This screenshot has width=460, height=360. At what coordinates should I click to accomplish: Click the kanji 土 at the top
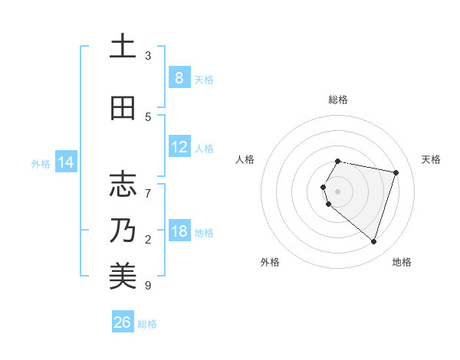123,47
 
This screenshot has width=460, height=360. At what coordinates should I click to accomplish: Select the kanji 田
123,108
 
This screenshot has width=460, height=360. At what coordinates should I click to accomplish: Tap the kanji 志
123,185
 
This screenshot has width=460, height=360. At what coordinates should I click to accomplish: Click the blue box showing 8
179,77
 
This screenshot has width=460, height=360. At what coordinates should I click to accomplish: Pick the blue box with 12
179,147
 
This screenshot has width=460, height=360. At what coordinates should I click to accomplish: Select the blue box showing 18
179,231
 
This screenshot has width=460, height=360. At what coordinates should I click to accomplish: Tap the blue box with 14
65,162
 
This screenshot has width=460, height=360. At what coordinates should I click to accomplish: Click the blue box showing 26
123,322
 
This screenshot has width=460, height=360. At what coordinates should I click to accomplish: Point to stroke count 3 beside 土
148,56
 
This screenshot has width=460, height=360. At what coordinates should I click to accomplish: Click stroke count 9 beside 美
148,286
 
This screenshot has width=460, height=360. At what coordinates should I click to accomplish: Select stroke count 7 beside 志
148,185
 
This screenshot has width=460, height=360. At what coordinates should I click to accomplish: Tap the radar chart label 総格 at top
337,100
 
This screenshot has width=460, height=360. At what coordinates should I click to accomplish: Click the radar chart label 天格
431,159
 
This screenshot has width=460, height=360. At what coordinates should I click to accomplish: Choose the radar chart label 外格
270,262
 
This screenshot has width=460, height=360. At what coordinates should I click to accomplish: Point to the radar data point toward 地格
373,242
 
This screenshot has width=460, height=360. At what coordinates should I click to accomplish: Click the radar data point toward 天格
396,173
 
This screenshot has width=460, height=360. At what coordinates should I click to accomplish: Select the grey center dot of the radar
337,191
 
